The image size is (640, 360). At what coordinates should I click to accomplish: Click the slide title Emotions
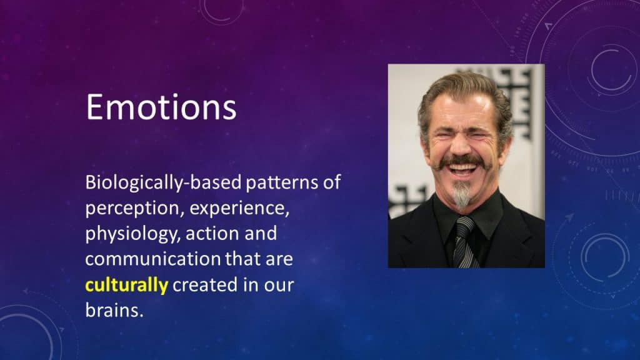click(161, 107)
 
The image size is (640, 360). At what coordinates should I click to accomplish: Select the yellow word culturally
click(126, 285)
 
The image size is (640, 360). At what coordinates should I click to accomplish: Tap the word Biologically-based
click(163, 182)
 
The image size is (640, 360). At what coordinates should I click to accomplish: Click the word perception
click(132, 209)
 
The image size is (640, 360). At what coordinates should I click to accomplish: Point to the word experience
click(239, 209)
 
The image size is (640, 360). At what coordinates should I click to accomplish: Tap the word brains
click(114, 310)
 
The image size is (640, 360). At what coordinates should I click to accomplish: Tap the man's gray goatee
click(461, 196)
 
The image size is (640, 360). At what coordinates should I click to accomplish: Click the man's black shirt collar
click(467, 215)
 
